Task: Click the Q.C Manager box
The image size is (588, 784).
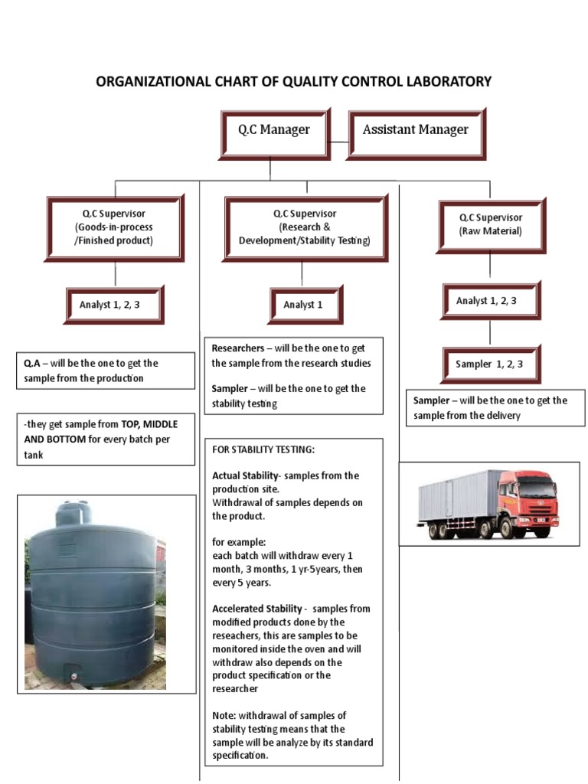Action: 275,130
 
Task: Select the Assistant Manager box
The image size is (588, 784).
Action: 416,130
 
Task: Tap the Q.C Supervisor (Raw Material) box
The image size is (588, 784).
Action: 490,225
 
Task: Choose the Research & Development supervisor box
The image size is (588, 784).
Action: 304,227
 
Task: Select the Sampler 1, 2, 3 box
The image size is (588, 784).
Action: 489,364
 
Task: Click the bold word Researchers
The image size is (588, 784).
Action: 237,348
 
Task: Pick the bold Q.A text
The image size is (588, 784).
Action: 31,364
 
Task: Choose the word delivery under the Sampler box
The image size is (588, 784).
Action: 502,415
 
